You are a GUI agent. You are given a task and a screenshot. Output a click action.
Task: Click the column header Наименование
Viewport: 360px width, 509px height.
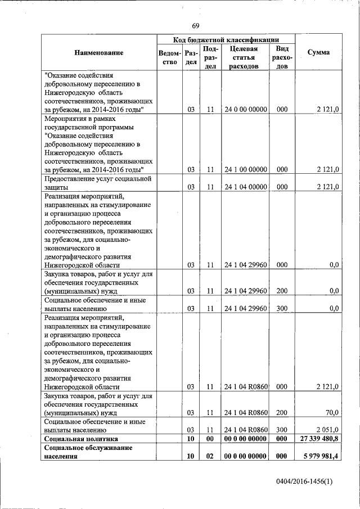[98, 52]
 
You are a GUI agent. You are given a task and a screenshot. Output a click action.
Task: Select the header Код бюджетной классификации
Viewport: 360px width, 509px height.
[226, 40]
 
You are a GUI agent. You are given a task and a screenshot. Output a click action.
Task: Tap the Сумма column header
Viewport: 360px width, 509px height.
[318, 52]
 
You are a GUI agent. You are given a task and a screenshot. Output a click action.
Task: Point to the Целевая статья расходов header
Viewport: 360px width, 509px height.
[244, 57]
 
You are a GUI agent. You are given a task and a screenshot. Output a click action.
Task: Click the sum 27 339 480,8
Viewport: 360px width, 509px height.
[319, 438]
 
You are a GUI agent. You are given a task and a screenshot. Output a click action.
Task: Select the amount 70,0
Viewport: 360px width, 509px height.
[332, 412]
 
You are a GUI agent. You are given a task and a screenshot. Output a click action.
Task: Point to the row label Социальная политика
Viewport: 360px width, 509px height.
[81, 438]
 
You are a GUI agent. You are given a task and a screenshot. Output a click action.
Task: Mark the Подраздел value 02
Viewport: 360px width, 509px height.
[209, 456]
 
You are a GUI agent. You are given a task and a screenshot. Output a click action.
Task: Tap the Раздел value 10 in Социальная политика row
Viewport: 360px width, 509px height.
[191, 438]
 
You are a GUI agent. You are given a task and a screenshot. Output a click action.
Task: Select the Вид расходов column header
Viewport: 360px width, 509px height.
[282, 57]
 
